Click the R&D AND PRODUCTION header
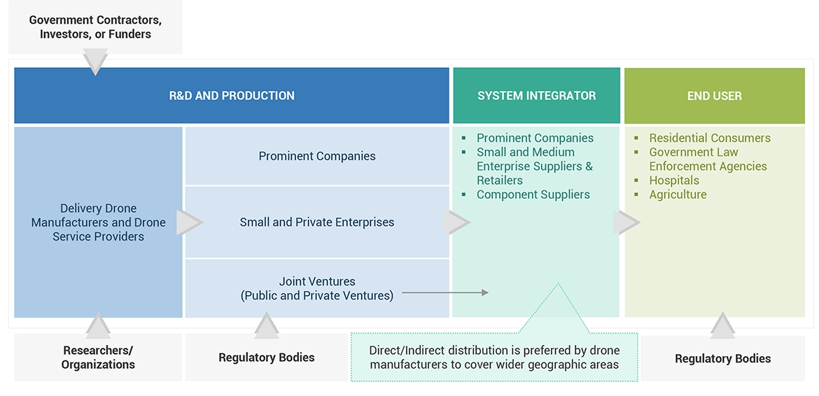pyautogui.click(x=232, y=96)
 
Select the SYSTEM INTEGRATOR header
pyautogui.click(x=536, y=96)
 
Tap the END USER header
pyautogui.click(x=714, y=96)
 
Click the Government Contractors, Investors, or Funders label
pyautogui.click(x=95, y=27)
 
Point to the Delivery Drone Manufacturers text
pyautogui.click(x=98, y=222)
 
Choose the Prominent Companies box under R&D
pyautogui.click(x=317, y=156)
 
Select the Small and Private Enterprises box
pyautogui.click(x=317, y=222)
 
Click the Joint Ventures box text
pyautogui.click(x=317, y=288)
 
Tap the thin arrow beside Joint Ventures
pyautogui.click(x=445, y=292)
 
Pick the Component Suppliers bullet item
pyautogui.click(x=533, y=195)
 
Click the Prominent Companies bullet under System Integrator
pyautogui.click(x=535, y=138)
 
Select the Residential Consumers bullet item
pyautogui.click(x=709, y=138)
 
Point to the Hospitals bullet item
pyautogui.click(x=673, y=181)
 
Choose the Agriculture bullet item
pyautogui.click(x=678, y=195)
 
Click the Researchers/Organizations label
pyautogui.click(x=98, y=357)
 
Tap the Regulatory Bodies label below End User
pyautogui.click(x=722, y=358)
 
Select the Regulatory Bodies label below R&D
pyautogui.click(x=266, y=358)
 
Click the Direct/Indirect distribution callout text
pyautogui.click(x=494, y=358)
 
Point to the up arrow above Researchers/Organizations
pyautogui.click(x=98, y=325)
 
